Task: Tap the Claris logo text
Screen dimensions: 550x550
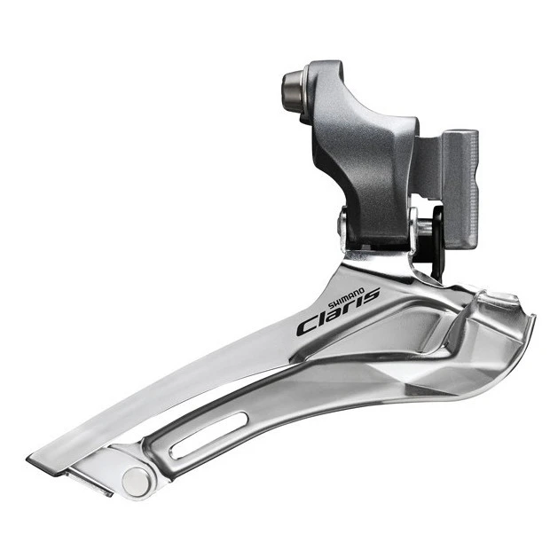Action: point(336,316)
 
